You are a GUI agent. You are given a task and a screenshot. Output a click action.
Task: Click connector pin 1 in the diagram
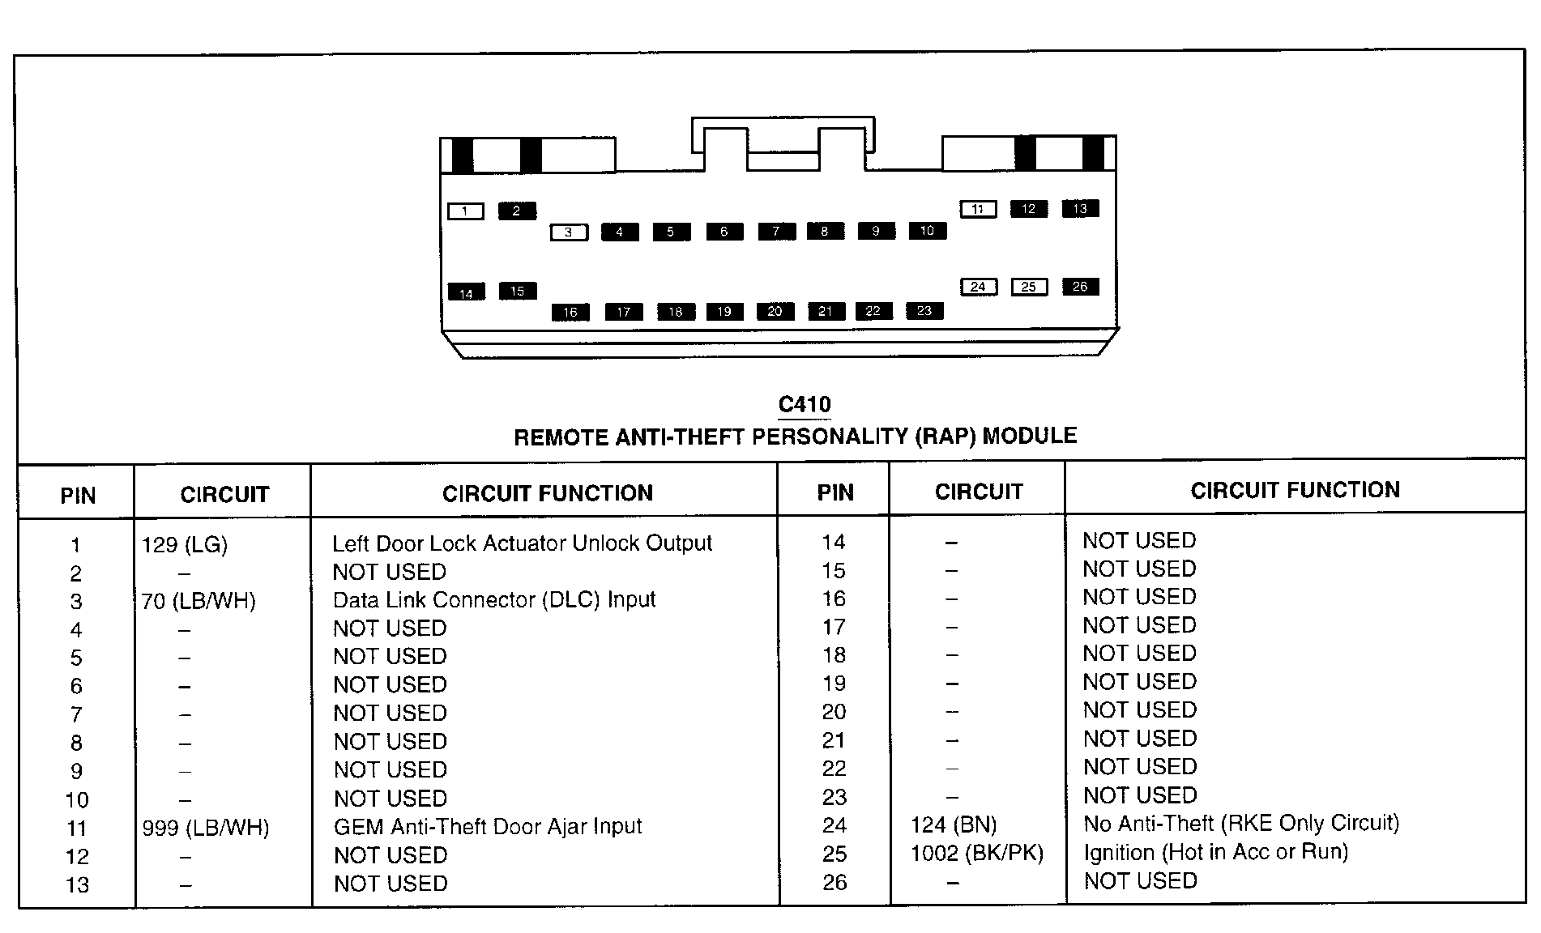[465, 211]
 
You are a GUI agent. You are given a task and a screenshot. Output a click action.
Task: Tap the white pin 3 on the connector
[568, 232]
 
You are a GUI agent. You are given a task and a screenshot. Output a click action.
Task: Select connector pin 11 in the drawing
[978, 209]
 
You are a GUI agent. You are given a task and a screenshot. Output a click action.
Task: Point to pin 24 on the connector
[978, 287]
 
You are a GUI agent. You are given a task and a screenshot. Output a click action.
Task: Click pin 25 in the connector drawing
[1028, 287]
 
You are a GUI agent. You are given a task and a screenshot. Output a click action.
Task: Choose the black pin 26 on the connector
[1080, 287]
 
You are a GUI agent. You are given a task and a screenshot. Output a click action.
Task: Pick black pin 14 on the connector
[466, 293]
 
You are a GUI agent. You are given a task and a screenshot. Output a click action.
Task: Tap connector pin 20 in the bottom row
[775, 311]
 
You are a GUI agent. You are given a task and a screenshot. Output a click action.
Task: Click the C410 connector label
[805, 405]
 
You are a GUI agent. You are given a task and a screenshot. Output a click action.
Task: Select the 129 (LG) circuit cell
[185, 545]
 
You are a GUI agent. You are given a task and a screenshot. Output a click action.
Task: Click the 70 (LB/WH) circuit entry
[198, 602]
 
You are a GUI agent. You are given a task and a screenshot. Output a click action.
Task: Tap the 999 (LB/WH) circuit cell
[206, 828]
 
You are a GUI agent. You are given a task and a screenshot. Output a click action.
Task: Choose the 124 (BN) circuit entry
[954, 825]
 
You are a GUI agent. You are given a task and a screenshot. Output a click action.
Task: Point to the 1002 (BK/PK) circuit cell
[977, 854]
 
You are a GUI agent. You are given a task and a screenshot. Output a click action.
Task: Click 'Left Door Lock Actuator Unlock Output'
[522, 543]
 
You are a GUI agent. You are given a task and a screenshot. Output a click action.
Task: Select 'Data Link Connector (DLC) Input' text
[494, 600]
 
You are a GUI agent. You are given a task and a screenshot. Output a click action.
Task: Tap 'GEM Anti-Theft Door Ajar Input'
[488, 827]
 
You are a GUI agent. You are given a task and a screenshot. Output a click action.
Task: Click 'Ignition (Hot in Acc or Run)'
[1215, 852]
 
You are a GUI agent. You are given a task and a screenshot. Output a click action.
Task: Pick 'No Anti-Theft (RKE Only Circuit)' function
[1241, 824]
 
